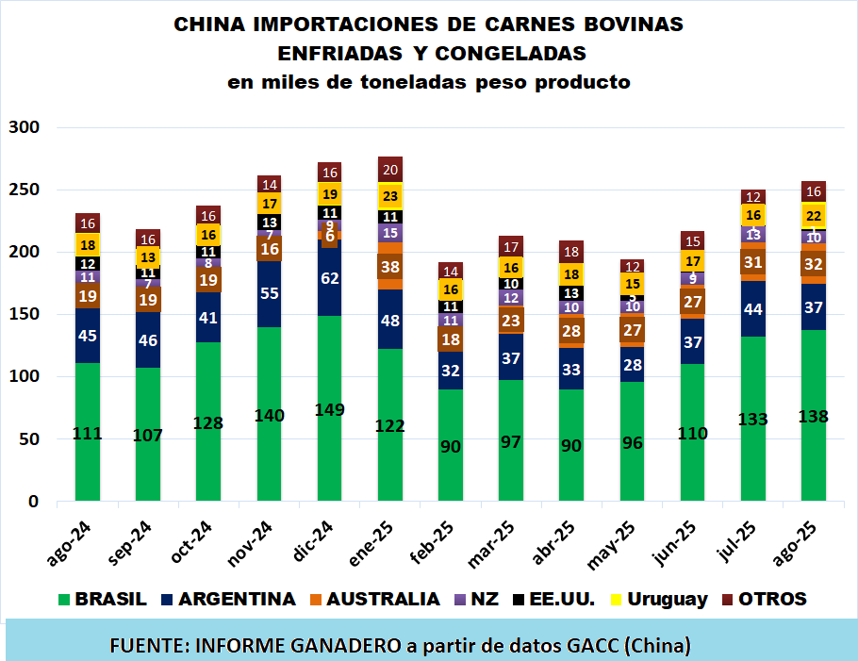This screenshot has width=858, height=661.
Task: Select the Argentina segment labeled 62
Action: (x=329, y=278)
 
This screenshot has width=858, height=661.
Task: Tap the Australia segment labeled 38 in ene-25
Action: (x=389, y=266)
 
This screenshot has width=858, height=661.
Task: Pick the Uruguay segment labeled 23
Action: (x=389, y=195)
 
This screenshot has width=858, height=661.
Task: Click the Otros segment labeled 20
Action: (x=389, y=169)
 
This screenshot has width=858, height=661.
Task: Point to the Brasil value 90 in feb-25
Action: (x=450, y=446)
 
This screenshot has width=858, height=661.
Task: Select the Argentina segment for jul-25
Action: (x=752, y=308)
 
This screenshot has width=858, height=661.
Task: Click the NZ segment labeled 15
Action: (x=389, y=232)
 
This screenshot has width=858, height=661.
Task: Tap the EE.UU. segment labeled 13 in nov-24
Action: (x=269, y=223)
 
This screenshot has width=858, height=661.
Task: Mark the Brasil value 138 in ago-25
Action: (x=813, y=416)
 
